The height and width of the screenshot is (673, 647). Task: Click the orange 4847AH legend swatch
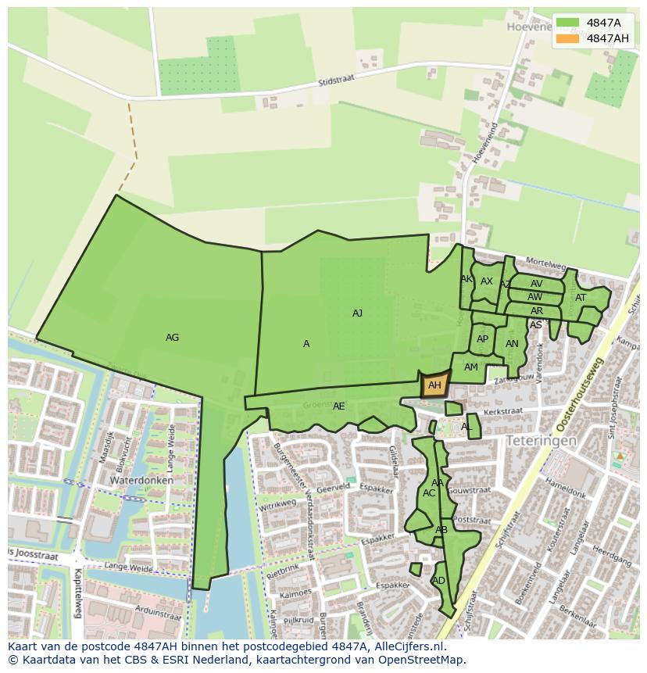568,38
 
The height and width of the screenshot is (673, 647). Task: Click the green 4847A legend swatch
568,23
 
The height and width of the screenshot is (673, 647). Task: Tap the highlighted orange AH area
435,385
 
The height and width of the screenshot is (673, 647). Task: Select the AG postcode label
173,338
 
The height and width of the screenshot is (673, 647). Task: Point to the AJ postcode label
357,313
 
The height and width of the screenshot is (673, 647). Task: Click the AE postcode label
338,406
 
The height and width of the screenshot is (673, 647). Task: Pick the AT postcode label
581,298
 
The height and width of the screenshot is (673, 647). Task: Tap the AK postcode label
466,279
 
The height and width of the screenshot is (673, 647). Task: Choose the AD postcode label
438,581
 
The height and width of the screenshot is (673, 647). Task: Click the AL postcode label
466,427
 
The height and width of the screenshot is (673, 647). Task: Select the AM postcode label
470,367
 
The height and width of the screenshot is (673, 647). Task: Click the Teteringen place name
541,441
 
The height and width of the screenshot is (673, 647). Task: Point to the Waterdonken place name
141,480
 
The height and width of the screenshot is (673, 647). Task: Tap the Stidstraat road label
337,81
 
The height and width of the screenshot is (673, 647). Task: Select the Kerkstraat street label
502,410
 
